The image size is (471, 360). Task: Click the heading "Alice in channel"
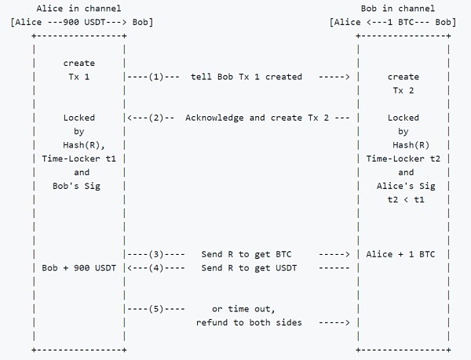click(x=79, y=8)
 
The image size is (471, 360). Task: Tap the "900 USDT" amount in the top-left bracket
click(x=79, y=21)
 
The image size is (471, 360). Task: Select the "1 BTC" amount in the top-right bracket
click(x=402, y=21)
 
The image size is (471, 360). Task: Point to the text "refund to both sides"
click(x=248, y=322)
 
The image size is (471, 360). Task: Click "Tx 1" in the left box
click(x=79, y=77)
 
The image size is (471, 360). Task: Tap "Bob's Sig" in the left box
click(x=79, y=186)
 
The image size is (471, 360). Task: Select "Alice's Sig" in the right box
click(x=403, y=186)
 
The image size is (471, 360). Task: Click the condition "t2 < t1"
click(x=403, y=199)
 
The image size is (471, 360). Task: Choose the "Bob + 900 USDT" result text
click(x=79, y=267)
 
